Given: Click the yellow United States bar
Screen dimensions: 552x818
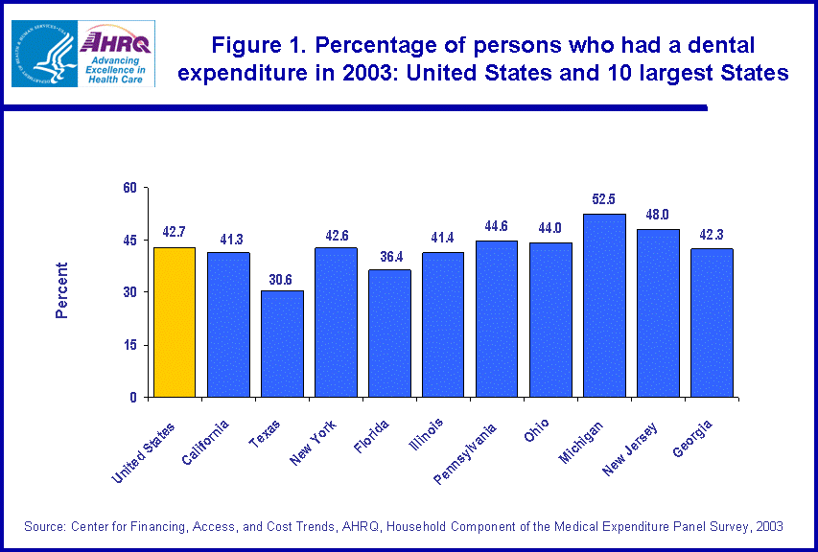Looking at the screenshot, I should pos(174,322).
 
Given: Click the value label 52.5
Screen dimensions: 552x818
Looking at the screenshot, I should pos(603,199).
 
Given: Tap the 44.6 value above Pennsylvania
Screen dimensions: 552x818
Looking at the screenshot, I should pos(496,226).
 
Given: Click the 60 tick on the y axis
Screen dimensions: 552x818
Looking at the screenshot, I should pos(131,187).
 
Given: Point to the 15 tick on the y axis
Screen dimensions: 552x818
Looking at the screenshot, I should pos(131,345).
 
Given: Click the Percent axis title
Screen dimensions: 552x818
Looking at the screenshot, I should pos(61,290).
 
